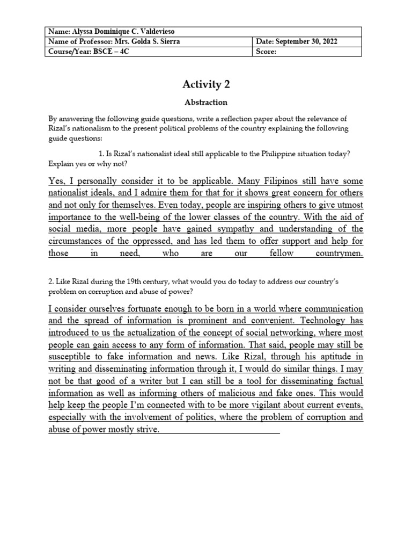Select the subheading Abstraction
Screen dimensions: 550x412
206,102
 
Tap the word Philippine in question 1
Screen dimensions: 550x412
271,154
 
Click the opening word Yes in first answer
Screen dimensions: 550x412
56,180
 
